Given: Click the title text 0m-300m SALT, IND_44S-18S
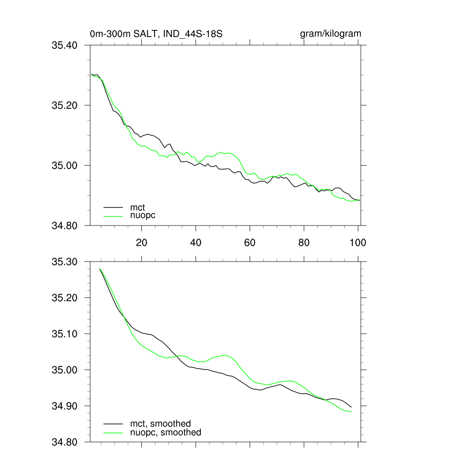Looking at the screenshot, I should [x=159, y=34].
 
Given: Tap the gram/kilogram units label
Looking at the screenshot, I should [x=330, y=34].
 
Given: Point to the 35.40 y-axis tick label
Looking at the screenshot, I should [x=65, y=45].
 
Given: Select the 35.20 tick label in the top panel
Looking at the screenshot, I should [x=65, y=105].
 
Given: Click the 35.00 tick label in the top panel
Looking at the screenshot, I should [x=65, y=166].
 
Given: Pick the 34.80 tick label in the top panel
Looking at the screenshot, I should [x=65, y=225].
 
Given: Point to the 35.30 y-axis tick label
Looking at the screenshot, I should [x=65, y=262].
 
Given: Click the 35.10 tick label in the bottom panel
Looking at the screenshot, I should [x=65, y=334].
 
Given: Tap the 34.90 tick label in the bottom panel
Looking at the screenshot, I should [x=65, y=406].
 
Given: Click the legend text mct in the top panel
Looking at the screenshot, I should [x=137, y=207].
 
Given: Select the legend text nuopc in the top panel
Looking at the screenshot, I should [x=143, y=215].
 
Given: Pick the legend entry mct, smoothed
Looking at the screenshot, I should [x=160, y=424].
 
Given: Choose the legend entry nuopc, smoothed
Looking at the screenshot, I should [x=165, y=433].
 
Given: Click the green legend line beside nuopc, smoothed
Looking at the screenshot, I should [x=113, y=433].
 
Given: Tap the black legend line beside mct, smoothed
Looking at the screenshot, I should [x=113, y=424].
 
